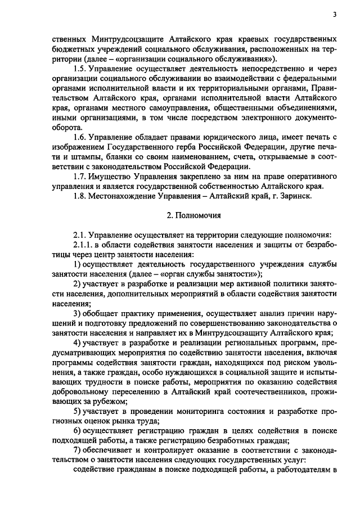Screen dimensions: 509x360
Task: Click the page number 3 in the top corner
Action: coord(334,15)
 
